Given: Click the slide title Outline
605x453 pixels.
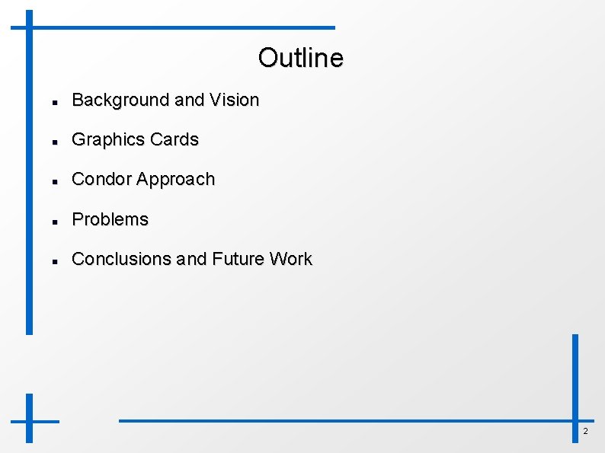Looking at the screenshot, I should click(x=300, y=57).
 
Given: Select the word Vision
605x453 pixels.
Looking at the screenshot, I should click(x=234, y=100).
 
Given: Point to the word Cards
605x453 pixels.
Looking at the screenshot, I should click(x=174, y=139).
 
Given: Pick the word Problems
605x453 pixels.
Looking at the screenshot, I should click(x=110, y=219).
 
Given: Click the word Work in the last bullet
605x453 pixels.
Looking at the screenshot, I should click(x=290, y=259).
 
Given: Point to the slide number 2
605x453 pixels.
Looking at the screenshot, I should click(x=585, y=432).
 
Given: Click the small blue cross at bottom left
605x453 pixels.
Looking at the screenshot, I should click(x=30, y=420).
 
